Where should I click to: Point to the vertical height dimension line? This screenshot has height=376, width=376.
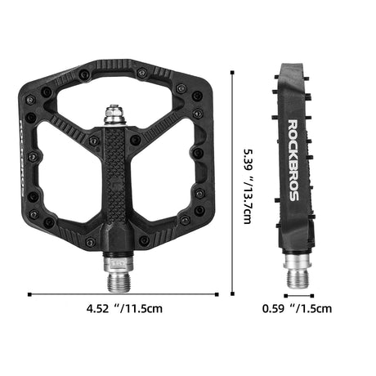235,184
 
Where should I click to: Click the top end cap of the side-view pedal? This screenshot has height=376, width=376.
293,69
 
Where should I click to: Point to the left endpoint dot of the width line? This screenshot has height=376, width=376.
29,295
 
